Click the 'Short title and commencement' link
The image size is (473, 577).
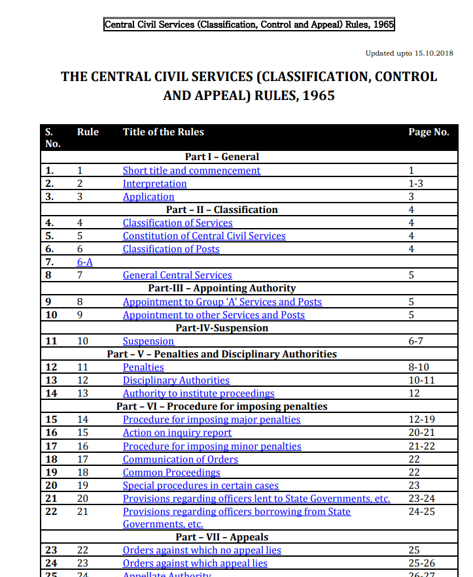click(192, 171)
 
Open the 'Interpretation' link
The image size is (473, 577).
click(155, 184)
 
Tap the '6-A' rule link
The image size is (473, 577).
click(85, 262)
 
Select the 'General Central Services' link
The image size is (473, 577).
click(177, 275)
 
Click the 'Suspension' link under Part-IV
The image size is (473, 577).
click(149, 341)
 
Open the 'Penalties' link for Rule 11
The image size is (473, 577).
click(143, 367)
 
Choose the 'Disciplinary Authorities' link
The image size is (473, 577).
click(176, 380)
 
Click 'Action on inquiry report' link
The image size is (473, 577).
click(177, 433)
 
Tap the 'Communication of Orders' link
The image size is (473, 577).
click(181, 459)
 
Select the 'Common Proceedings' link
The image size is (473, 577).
click(171, 472)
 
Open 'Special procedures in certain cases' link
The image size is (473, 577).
click(201, 486)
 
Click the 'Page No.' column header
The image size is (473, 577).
click(429, 132)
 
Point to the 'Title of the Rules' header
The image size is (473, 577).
click(164, 132)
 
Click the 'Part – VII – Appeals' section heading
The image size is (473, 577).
click(222, 537)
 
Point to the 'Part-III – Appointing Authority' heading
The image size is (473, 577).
click(222, 288)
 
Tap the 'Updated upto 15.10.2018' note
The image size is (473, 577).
click(409, 53)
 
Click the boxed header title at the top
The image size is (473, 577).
click(249, 25)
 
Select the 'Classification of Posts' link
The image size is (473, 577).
click(171, 249)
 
